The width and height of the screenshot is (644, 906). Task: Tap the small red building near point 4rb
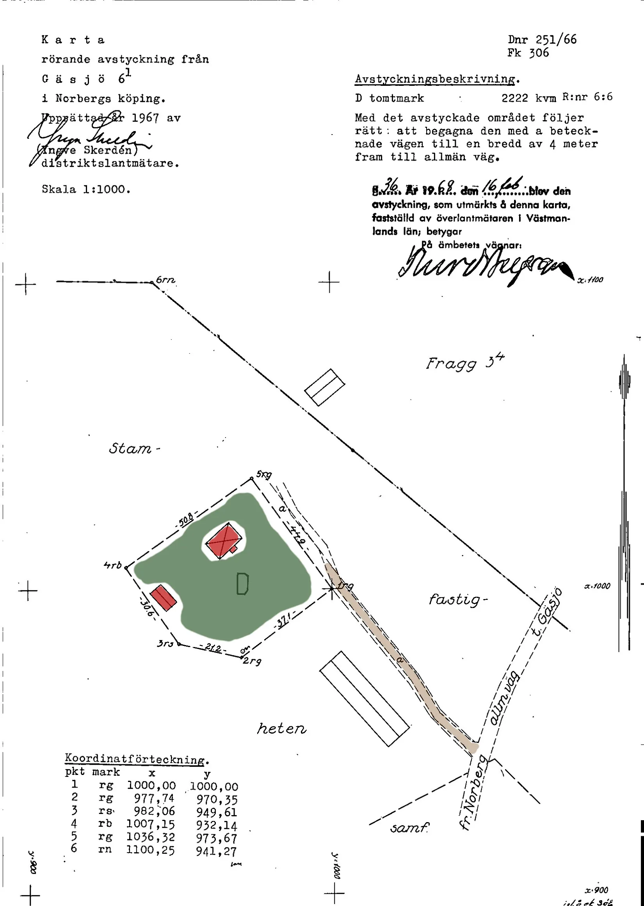pyautogui.click(x=163, y=597)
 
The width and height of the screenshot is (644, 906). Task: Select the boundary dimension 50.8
pyautogui.click(x=185, y=519)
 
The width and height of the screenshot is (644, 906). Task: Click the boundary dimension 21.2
pyautogui.click(x=213, y=648)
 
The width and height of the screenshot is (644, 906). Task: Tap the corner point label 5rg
pyautogui.click(x=264, y=474)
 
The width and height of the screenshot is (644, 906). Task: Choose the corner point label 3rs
pyautogui.click(x=165, y=644)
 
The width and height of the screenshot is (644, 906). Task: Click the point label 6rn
pyautogui.click(x=165, y=280)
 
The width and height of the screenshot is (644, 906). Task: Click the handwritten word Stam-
pyautogui.click(x=133, y=449)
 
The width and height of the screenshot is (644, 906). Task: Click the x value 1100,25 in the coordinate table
pyautogui.click(x=150, y=850)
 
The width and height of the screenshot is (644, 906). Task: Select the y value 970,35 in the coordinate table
pyautogui.click(x=217, y=800)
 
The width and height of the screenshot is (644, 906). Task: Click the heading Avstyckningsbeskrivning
pyautogui.click(x=437, y=79)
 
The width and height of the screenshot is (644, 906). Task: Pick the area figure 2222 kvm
pyautogui.click(x=528, y=98)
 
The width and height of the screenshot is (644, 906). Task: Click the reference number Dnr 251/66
pyautogui.click(x=542, y=40)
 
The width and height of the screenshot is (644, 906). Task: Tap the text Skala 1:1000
pyautogui.click(x=86, y=190)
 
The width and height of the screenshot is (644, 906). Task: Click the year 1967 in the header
pyautogui.click(x=145, y=118)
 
